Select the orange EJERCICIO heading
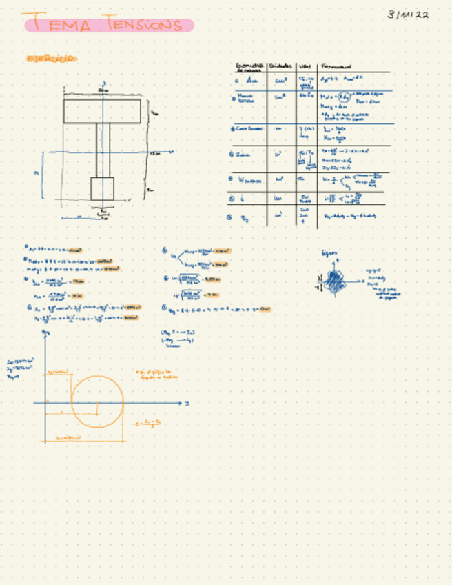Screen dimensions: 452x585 click(x=50, y=59)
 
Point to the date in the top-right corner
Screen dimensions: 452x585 click(x=408, y=14)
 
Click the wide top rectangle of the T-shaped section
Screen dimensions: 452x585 click(x=102, y=111)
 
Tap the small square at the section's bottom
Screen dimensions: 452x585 click(x=102, y=188)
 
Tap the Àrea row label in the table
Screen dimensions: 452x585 click(x=248, y=81)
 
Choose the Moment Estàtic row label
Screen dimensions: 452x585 click(x=247, y=101)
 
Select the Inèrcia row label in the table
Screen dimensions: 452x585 click(x=245, y=156)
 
